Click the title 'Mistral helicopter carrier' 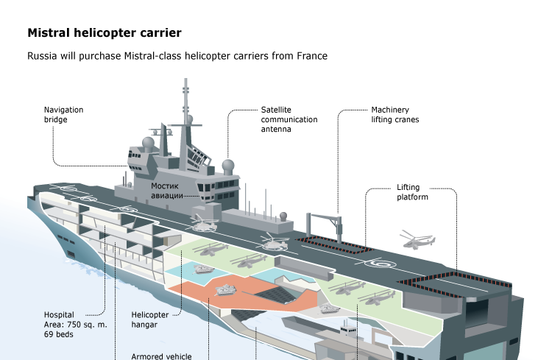[x=104, y=33]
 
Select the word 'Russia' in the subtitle [x=42, y=56]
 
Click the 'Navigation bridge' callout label [x=63, y=114]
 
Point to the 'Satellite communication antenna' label [x=289, y=119]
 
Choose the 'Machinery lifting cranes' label [x=394, y=114]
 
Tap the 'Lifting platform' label [x=412, y=192]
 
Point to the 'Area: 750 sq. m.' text [x=76, y=324]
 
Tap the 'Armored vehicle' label [x=160, y=356]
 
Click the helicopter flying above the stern [x=417, y=239]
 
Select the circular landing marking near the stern [x=382, y=262]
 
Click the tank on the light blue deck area [x=202, y=269]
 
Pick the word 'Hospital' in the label [x=60, y=314]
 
